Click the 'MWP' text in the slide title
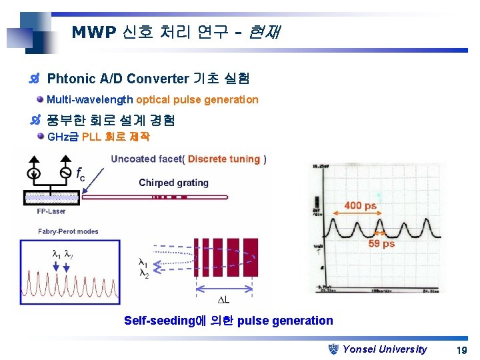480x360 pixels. (93, 32)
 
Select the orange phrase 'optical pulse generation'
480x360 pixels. (197, 100)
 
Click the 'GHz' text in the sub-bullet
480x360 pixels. (58, 137)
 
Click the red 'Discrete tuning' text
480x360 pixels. (224, 159)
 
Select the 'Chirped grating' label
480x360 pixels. (173, 183)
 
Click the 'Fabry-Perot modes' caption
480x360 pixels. (69, 231)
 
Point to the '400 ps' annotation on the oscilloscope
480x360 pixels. (361, 206)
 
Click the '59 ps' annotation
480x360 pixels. (381, 244)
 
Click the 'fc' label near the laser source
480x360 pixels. (79, 175)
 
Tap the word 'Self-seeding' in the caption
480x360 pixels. (160, 321)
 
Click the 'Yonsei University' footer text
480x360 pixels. (385, 349)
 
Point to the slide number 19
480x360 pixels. (461, 350)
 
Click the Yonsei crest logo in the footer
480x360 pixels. (335, 349)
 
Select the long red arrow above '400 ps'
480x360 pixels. (359, 216)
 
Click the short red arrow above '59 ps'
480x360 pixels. (379, 233)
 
